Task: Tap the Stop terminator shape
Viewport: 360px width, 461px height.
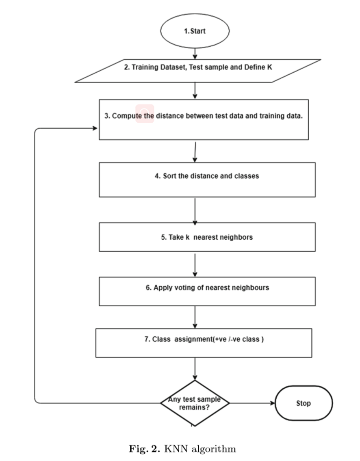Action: pos(304,403)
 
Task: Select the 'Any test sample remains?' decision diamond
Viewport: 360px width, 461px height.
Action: pos(195,403)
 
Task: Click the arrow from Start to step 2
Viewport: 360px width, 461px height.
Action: pos(195,53)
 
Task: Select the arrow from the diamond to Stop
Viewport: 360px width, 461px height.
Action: pos(252,403)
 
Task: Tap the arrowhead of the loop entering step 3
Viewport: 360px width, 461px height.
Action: pos(94,128)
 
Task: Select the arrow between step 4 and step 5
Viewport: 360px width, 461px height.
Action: pos(195,210)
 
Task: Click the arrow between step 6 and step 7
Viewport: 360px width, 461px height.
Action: pos(195,317)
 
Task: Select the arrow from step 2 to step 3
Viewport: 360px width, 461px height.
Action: pos(195,91)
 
